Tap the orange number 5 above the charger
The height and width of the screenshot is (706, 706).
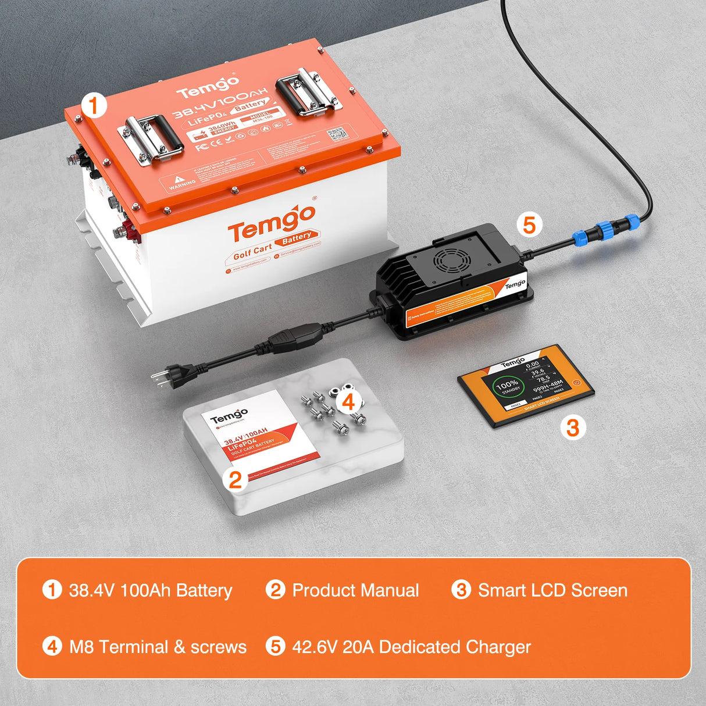click(x=529, y=225)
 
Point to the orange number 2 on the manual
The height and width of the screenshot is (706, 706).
click(x=235, y=480)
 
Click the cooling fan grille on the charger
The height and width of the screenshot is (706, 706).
click(x=451, y=261)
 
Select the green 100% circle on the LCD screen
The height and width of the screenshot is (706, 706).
click(x=507, y=386)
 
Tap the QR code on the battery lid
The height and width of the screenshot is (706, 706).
click(x=337, y=134)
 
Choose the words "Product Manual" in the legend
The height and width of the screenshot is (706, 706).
click(x=355, y=590)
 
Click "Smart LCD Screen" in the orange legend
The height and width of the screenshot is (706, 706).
click(x=552, y=590)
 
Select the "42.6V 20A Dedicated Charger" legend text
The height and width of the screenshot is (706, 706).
click(x=411, y=647)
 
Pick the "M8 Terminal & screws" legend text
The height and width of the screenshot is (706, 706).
click(x=158, y=647)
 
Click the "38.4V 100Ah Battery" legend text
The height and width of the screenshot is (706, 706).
click(x=151, y=590)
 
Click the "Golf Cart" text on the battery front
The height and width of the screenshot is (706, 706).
click(x=252, y=252)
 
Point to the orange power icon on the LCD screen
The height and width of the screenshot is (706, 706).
click(x=576, y=383)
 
